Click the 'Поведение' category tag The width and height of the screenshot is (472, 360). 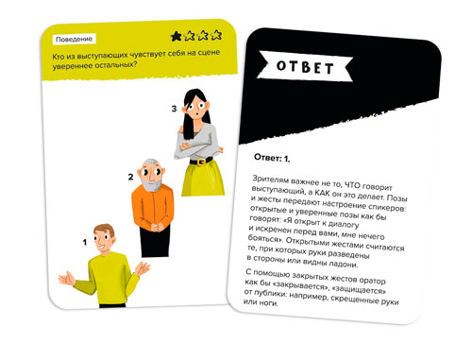[x=75, y=39]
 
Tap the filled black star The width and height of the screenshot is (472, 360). [x=177, y=37]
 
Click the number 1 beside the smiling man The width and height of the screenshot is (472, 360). [x=84, y=242]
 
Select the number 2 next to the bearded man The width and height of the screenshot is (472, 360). [x=130, y=177]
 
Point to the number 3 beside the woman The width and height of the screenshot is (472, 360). [x=174, y=109]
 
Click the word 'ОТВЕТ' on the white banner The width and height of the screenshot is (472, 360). [x=305, y=67]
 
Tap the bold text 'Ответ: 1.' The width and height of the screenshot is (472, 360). [x=272, y=158]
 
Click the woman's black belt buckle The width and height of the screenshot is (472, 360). [x=201, y=163]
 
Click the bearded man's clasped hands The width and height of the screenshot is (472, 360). [x=157, y=227]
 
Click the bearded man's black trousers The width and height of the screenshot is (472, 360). [x=155, y=241]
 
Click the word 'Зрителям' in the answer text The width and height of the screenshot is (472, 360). [x=270, y=180]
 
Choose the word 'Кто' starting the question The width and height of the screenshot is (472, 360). [x=59, y=57]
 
